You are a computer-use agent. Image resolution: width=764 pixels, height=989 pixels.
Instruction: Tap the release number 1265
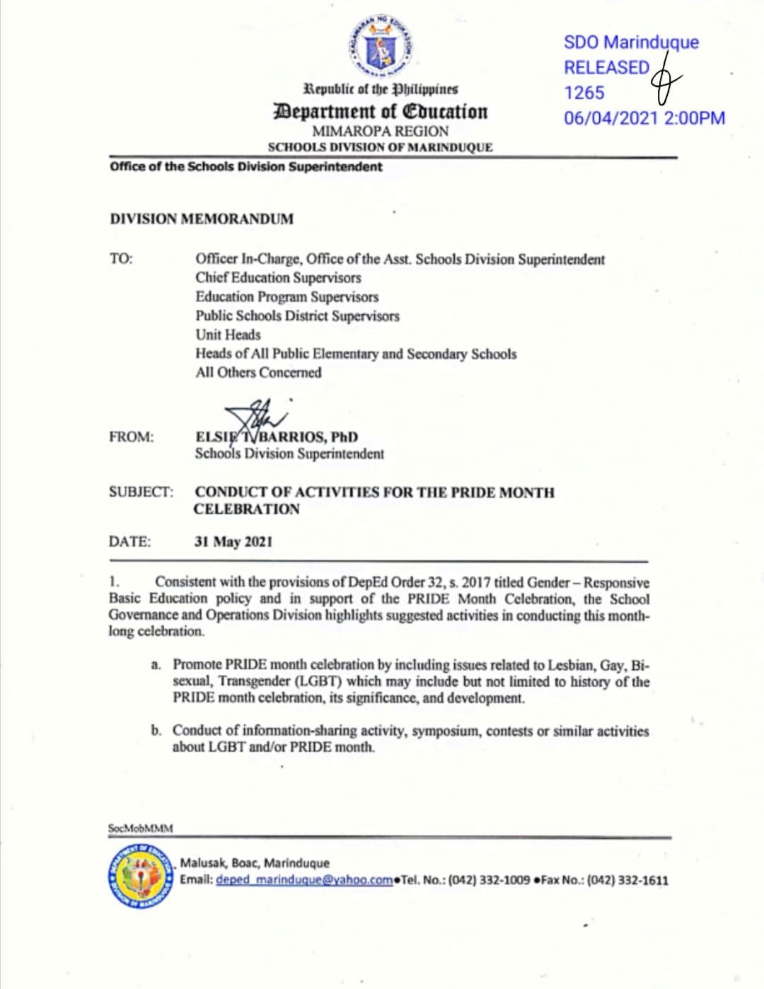(584, 93)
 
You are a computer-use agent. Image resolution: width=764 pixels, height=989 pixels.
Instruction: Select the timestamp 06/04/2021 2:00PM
(644, 118)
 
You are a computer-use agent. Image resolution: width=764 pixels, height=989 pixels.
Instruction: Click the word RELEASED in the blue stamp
(606, 68)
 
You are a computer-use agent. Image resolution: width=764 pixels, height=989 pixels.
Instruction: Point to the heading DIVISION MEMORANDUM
(202, 219)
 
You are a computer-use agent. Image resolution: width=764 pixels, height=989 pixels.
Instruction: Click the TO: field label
(121, 259)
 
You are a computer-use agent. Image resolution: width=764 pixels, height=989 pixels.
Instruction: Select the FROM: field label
(131, 436)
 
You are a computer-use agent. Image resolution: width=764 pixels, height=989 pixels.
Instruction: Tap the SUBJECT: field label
(141, 492)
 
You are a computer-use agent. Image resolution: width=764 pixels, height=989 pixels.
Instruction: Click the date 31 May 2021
(233, 542)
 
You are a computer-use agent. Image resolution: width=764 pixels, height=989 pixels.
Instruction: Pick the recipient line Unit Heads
(228, 335)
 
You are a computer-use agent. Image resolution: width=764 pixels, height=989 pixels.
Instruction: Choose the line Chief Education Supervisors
(278, 278)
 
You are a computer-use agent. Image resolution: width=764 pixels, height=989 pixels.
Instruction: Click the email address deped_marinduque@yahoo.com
(304, 880)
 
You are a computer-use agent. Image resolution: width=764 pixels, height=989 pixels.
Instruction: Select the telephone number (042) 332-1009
(489, 880)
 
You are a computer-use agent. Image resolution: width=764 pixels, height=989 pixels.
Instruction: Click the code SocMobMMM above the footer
(140, 828)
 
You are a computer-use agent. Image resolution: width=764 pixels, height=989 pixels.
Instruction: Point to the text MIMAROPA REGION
(380, 132)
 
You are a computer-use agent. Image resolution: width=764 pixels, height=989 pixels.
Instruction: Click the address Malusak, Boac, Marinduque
(255, 863)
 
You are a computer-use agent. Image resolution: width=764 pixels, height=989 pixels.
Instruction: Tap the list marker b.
(156, 730)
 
